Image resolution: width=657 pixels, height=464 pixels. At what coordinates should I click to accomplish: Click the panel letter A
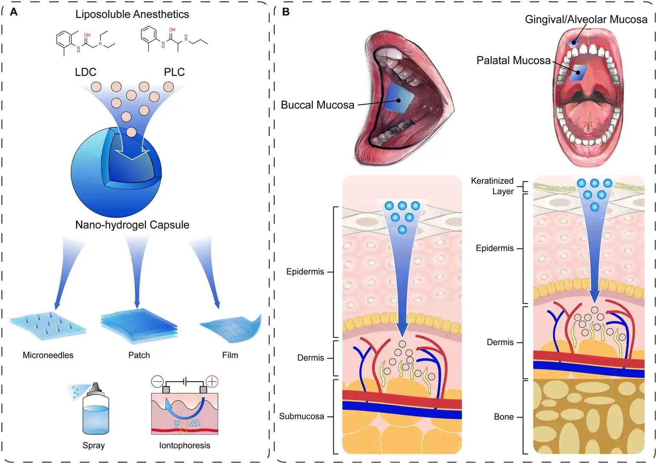click(14, 12)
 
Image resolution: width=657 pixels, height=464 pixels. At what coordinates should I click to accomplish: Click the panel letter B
click(286, 12)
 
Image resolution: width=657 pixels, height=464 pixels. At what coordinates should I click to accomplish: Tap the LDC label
click(85, 72)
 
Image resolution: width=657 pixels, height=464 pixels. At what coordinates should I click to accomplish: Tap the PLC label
click(174, 72)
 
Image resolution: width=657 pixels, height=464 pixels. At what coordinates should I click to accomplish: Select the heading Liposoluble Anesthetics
click(132, 14)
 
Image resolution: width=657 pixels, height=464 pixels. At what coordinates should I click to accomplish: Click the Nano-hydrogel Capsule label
click(132, 225)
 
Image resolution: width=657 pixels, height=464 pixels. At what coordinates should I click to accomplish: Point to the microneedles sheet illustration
click(48, 326)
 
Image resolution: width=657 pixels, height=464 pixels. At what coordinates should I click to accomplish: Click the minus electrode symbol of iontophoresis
click(157, 381)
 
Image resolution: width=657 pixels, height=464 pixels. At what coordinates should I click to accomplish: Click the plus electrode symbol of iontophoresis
click(212, 381)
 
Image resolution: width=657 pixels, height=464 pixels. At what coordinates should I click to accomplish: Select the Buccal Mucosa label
click(317, 105)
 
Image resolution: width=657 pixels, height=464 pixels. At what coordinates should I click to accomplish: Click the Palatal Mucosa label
click(513, 60)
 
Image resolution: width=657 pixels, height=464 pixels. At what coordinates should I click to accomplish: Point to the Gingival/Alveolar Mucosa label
click(586, 19)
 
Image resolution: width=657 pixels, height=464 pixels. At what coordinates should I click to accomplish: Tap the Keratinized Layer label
click(493, 186)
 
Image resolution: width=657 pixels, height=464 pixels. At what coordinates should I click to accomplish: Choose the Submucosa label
click(301, 416)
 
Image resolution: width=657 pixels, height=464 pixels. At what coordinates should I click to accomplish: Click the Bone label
click(504, 417)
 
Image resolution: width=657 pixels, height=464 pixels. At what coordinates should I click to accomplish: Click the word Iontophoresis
click(184, 445)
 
